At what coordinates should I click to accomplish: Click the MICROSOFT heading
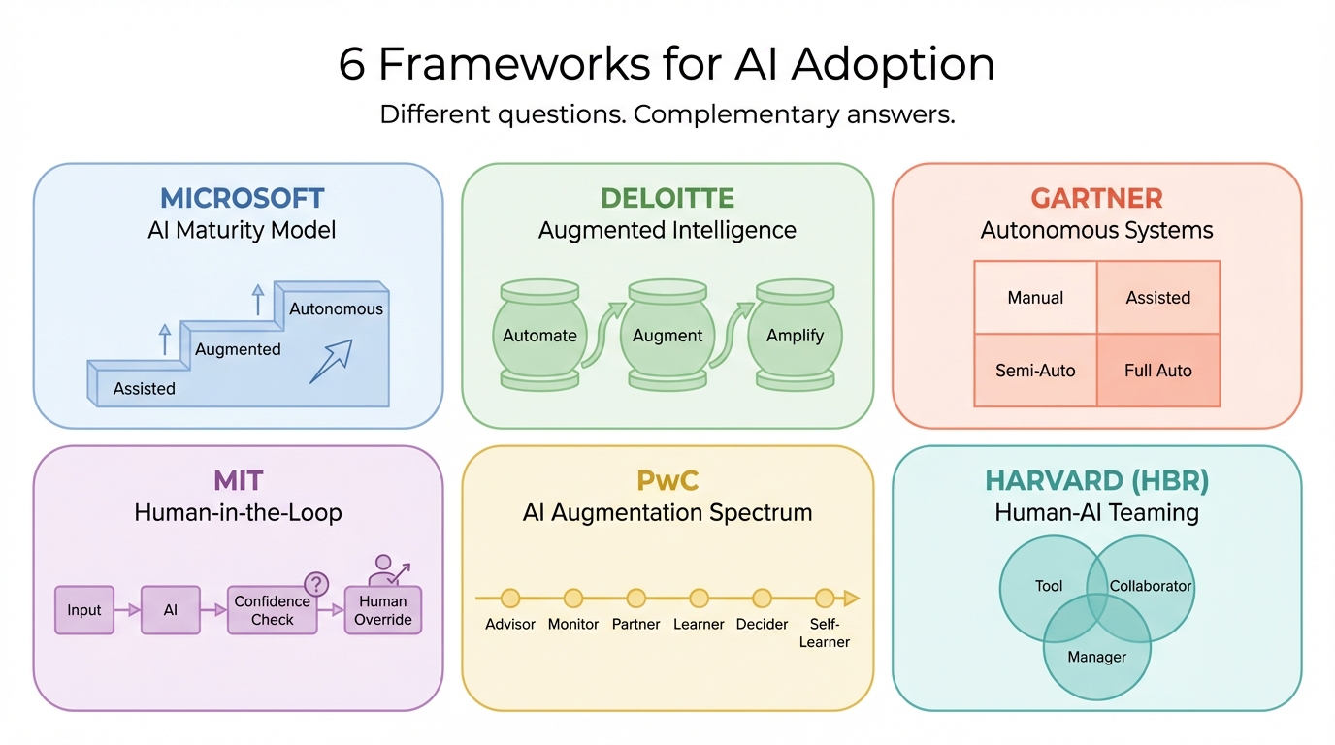[242, 198]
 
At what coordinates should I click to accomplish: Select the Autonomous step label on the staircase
[336, 309]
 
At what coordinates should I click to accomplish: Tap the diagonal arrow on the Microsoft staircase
[331, 361]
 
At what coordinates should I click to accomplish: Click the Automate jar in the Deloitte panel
[539, 336]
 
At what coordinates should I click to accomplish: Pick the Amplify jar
[795, 336]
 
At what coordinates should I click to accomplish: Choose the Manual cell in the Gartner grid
[1035, 298]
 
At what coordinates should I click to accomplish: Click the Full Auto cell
[1157, 371]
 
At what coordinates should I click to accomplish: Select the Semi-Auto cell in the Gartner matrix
[1035, 371]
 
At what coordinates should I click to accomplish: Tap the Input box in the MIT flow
[84, 610]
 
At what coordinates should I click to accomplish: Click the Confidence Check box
[273, 610]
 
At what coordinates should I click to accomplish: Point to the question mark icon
[316, 584]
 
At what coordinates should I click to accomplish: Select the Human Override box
[383, 610]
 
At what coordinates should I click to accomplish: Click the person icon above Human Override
[384, 568]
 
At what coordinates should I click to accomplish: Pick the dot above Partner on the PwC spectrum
[636, 599]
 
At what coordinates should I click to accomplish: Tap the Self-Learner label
[825, 632]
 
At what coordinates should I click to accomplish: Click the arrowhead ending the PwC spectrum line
[851, 599]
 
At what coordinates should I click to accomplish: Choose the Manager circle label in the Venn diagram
[1096, 657]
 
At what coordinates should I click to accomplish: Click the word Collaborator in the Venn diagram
[1151, 586]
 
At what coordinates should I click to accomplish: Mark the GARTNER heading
[1096, 198]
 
